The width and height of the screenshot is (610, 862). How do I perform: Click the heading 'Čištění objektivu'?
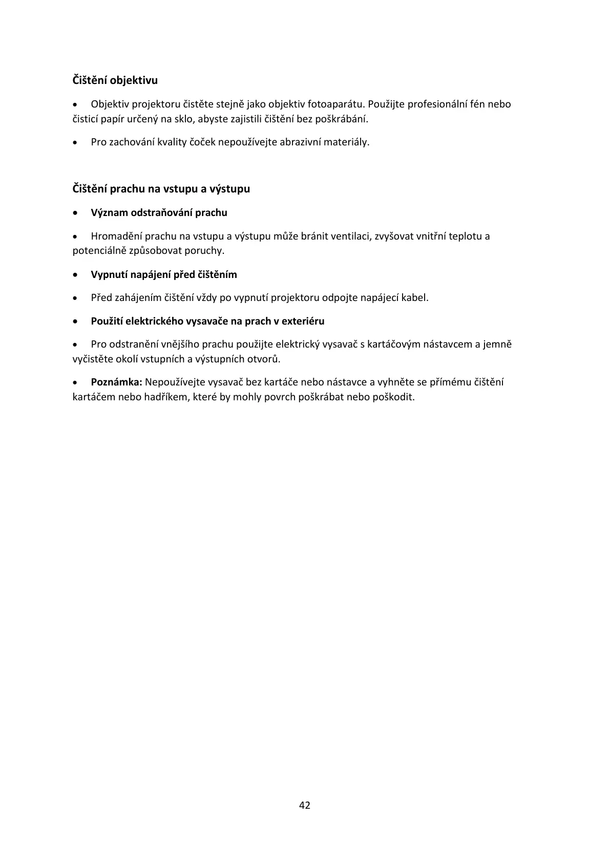[x=115, y=80]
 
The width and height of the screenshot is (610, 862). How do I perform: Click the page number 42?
[x=305, y=805]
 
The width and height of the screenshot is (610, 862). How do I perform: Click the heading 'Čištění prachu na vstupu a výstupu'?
[x=161, y=189]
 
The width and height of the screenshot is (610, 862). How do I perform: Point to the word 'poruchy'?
[x=207, y=251]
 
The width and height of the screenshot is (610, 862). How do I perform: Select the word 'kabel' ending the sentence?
[x=414, y=298]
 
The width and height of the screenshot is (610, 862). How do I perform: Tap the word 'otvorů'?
[x=263, y=359]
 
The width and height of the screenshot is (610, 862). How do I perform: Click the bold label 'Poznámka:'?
[x=116, y=382]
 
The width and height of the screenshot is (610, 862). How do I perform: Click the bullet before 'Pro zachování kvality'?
[x=76, y=142]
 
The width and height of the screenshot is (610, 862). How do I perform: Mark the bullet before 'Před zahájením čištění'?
[x=76, y=298]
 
